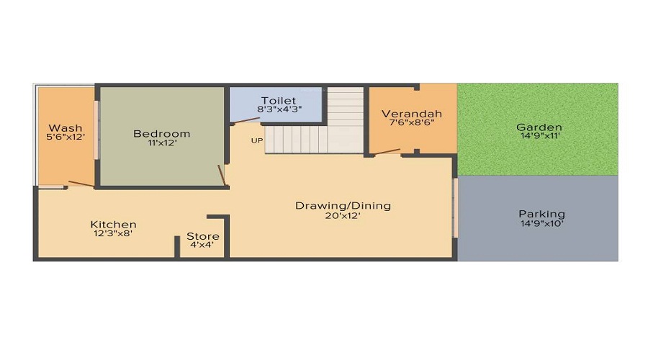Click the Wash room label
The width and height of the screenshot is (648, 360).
coord(66,127)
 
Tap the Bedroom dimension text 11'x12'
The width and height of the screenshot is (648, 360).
coord(163,143)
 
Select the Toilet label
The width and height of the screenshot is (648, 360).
coord(279,100)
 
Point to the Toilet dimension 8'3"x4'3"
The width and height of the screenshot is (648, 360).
coord(279,109)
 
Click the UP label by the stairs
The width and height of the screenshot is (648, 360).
coord(256,140)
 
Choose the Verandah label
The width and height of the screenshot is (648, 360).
coord(412,114)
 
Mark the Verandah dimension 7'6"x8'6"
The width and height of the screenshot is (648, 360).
coord(412,122)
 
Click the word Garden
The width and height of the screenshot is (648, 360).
coord(539,127)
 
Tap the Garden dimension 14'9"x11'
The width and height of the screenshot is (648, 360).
coord(540,135)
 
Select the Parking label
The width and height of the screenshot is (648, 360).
coord(541,214)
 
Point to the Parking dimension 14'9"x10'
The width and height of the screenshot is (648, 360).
coord(541,224)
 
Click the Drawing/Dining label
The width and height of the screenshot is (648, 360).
coord(343,206)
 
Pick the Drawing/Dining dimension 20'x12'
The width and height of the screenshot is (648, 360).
coord(343,215)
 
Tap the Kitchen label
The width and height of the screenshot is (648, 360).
coord(113,225)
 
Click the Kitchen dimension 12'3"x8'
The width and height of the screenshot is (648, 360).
coord(113,233)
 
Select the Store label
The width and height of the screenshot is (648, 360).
coord(202,236)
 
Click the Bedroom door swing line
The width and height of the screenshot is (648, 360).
coord(222,175)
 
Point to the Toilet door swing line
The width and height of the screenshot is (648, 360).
coord(245,121)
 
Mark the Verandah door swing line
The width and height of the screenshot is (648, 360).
coord(387,152)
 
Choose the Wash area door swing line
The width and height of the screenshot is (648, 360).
coord(81,184)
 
